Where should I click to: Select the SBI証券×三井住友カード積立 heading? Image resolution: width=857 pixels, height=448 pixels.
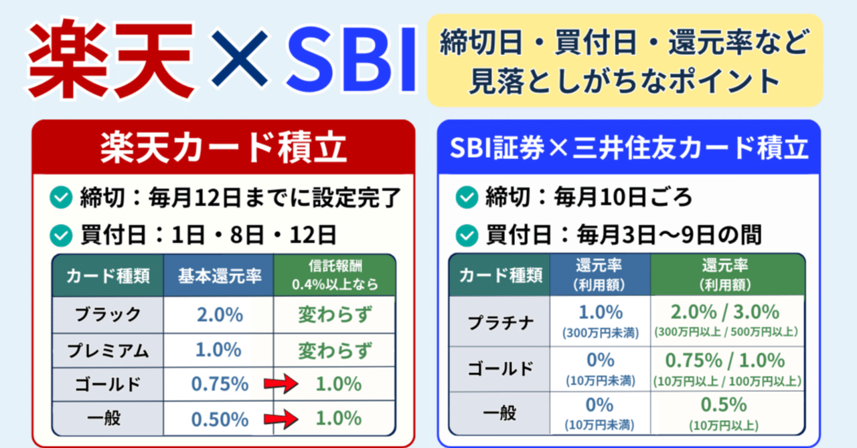point(629,148)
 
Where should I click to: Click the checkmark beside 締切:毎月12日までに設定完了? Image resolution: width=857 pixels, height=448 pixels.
point(62,197)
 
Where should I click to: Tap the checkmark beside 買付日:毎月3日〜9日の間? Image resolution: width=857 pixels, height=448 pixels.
point(466,235)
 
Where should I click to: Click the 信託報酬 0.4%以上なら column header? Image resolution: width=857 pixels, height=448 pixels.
point(334,275)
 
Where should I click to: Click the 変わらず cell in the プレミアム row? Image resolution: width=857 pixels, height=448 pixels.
point(334,350)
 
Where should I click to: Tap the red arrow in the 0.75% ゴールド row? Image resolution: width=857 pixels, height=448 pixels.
point(279,385)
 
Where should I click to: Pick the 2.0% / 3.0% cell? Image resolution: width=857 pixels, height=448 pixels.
point(728,320)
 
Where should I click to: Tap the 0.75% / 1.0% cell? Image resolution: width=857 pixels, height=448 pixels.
point(728,368)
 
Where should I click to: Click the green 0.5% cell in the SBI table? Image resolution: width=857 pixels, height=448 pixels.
point(728,412)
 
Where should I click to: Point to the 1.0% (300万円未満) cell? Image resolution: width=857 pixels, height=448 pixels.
point(600,320)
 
